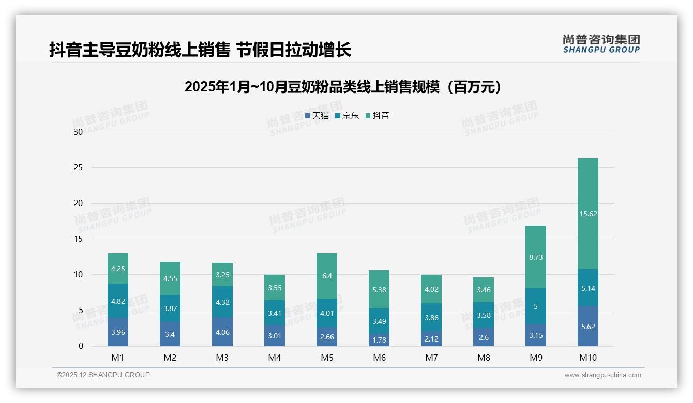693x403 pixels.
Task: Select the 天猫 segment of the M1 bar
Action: click(118, 332)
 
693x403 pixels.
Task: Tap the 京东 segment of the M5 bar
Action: click(327, 313)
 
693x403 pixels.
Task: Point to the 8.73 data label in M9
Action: click(536, 257)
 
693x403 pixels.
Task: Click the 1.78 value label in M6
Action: click(379, 340)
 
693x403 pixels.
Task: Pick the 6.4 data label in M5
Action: click(327, 276)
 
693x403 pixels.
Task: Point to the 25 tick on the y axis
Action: click(78, 167)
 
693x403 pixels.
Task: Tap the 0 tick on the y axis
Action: click(81, 346)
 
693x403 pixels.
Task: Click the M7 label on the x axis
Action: click(431, 358)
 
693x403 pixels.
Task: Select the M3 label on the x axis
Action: click(222, 358)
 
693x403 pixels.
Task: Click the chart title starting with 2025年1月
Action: click(343, 87)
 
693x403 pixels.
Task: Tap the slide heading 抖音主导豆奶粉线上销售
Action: click(200, 50)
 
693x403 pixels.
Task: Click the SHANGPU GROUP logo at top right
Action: click(601, 44)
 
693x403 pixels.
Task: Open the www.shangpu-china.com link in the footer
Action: click(602, 375)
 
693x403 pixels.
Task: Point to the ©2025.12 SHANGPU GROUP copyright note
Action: click(103, 375)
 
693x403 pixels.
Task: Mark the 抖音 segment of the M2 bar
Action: click(170, 278)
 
